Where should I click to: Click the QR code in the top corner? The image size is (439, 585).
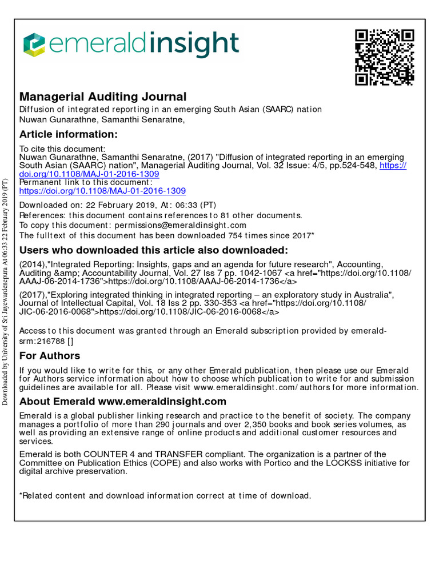tap(384, 57)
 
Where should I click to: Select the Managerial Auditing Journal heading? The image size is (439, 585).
tap(103, 97)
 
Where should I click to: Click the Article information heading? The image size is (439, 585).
tap(68, 134)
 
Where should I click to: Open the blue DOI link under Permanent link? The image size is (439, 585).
tap(102, 191)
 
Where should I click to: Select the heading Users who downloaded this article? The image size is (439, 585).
tap(154, 250)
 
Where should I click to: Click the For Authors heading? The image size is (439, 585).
tap(50, 356)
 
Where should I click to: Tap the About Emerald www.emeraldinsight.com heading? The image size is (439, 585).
tap(123, 402)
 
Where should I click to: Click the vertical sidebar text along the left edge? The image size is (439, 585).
tap(6, 291)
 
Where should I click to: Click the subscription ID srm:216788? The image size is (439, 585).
tap(43, 341)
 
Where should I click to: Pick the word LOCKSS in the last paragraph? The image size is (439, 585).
tap(341, 463)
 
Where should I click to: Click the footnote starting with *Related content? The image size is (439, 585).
tap(165, 495)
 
